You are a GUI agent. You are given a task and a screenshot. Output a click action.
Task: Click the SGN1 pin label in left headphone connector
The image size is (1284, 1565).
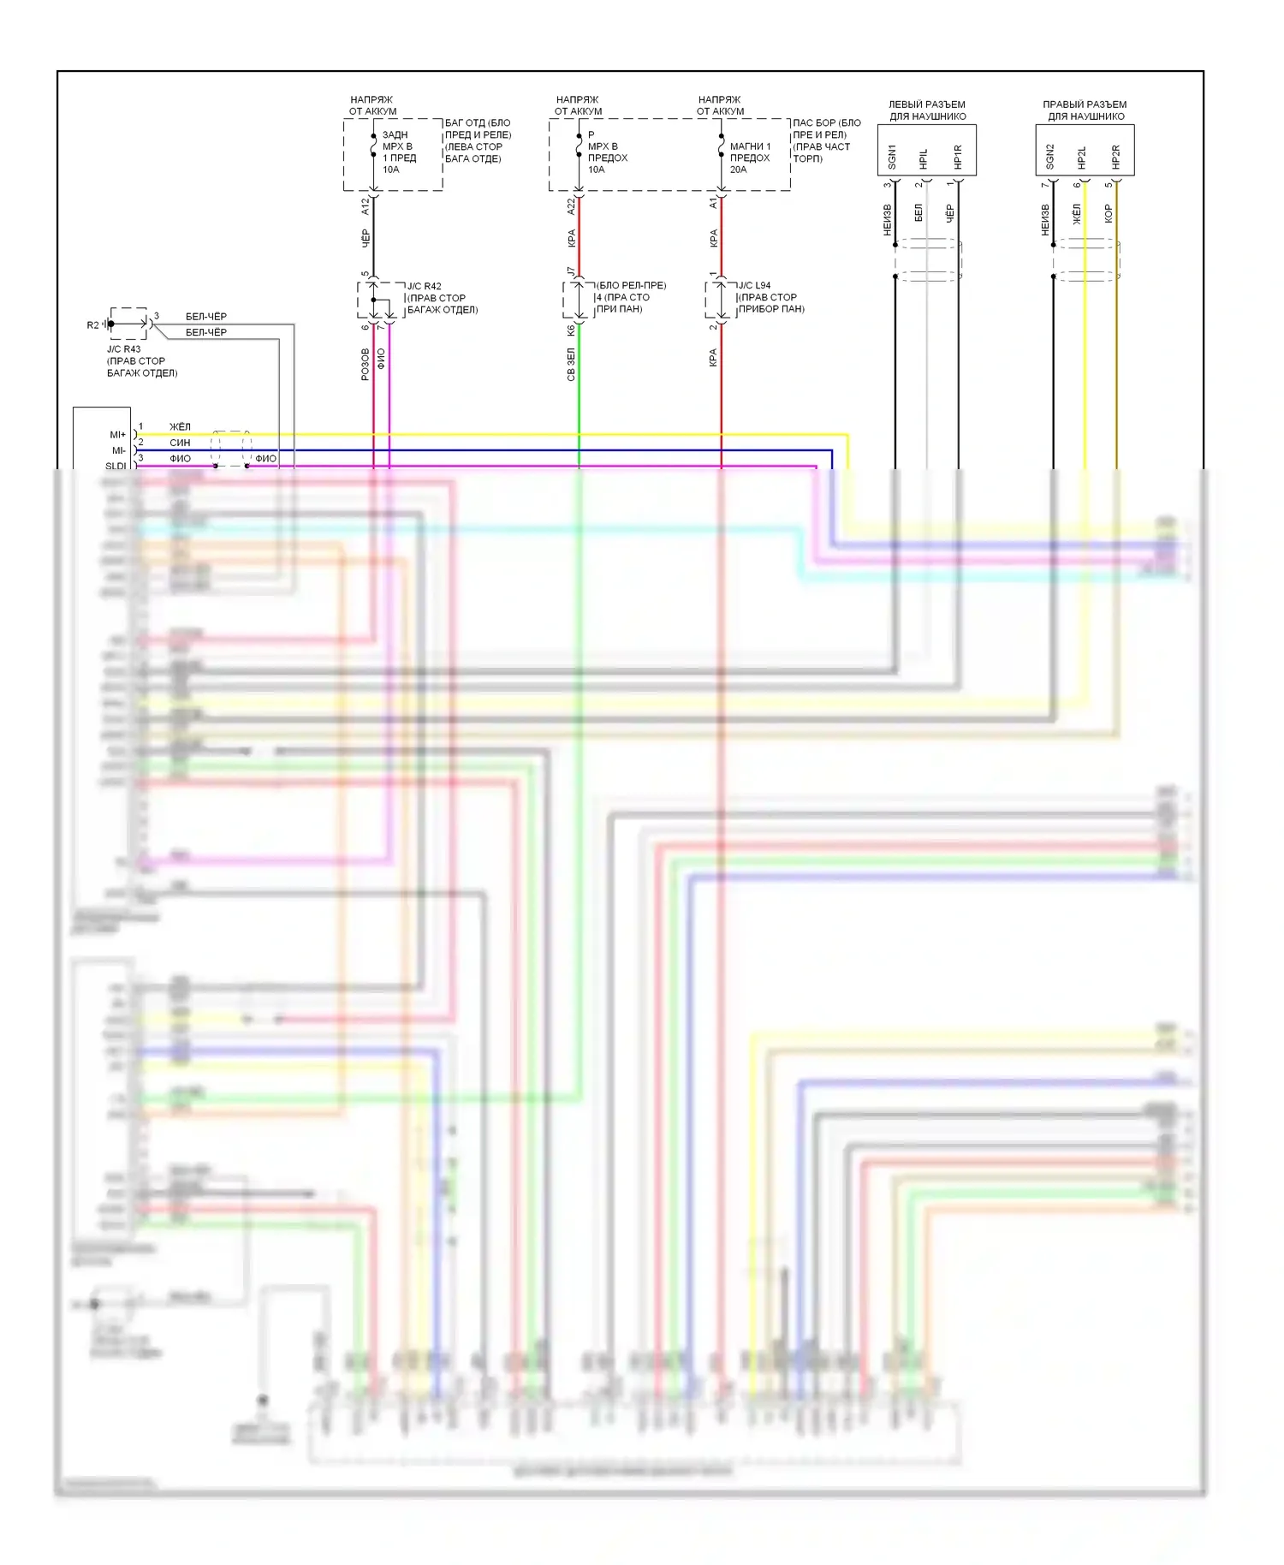pyautogui.click(x=891, y=156)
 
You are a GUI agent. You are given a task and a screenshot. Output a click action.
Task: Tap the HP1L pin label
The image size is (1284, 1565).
pyautogui.click(x=923, y=158)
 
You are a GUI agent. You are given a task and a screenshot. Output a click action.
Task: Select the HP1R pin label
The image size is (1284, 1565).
pyautogui.click(x=958, y=157)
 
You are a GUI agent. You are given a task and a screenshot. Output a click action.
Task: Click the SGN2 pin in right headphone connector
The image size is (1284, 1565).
pyautogui.click(x=1049, y=156)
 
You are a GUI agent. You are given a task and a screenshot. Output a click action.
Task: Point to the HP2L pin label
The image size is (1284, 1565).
pyautogui.click(x=1081, y=158)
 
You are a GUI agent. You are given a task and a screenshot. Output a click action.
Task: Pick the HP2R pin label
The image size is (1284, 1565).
pyautogui.click(x=1115, y=157)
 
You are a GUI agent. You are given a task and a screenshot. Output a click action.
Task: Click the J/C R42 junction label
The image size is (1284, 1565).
pyautogui.click(x=425, y=286)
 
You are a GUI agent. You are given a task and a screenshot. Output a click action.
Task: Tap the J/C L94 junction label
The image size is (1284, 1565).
pyautogui.click(x=754, y=285)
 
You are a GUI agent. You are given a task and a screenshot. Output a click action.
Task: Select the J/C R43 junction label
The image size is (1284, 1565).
pyautogui.click(x=123, y=349)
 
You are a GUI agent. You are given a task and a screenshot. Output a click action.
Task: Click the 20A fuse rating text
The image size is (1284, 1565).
pyautogui.click(x=738, y=170)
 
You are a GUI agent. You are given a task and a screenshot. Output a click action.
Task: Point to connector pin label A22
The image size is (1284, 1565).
pyautogui.click(x=571, y=205)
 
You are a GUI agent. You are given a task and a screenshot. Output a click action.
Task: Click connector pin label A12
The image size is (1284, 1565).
pyautogui.click(x=366, y=205)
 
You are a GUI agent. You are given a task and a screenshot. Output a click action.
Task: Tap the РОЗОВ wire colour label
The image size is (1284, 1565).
pyautogui.click(x=366, y=364)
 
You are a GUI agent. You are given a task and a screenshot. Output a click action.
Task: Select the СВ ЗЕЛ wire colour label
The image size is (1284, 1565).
pyautogui.click(x=571, y=364)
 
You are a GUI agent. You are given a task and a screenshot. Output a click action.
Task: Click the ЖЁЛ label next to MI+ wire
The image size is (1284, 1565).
pyautogui.click(x=180, y=426)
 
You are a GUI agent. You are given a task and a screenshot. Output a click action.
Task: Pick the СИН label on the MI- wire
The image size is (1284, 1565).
pyautogui.click(x=180, y=443)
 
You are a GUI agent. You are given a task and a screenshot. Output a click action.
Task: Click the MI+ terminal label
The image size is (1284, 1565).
pyautogui.click(x=117, y=435)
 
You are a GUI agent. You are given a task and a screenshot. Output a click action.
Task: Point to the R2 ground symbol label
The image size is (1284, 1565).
pyautogui.click(x=92, y=325)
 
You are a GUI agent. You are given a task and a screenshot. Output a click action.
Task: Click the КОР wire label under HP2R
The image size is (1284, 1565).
pyautogui.click(x=1109, y=213)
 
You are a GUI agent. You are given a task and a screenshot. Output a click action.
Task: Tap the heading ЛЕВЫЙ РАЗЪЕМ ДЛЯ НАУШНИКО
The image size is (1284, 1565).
pyautogui.click(x=927, y=110)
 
